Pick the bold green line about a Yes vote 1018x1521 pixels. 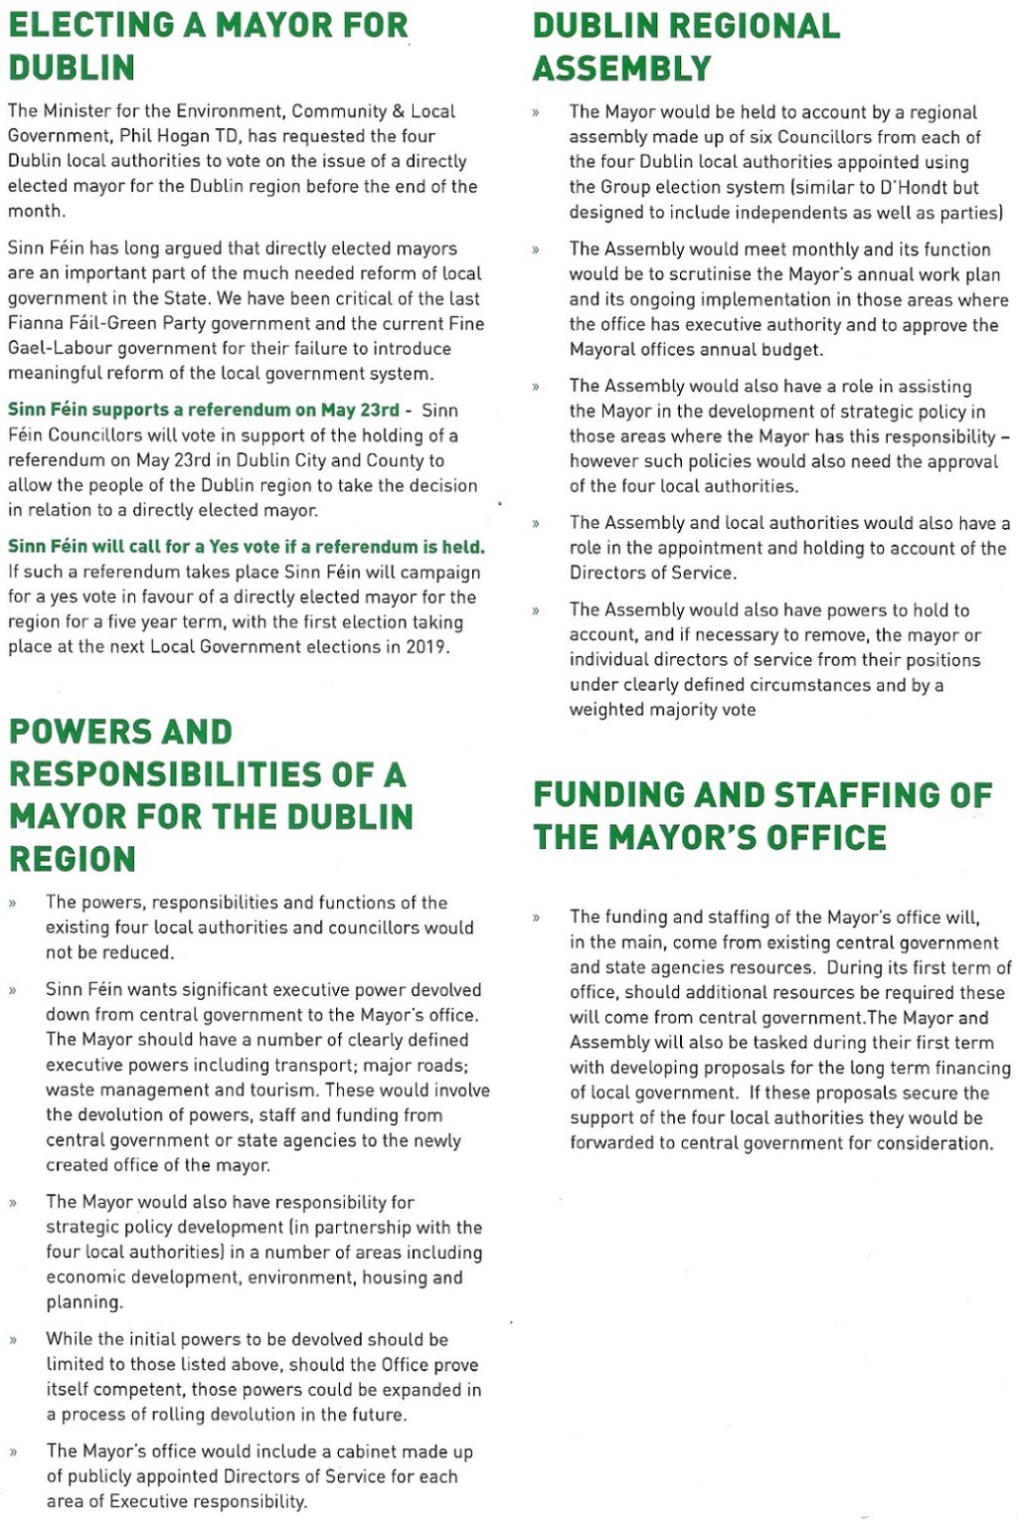[247, 547]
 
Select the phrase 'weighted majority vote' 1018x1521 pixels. [662, 710]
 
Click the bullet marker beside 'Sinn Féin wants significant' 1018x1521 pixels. [13, 991]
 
